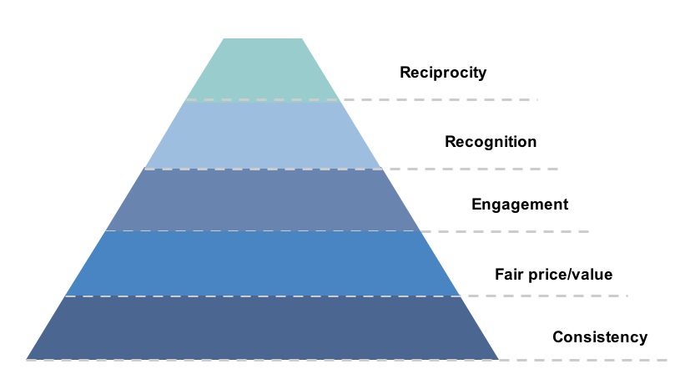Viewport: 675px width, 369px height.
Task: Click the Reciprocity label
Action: [443, 73]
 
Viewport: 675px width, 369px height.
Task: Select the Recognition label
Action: [490, 142]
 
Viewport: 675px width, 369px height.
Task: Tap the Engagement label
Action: [519, 205]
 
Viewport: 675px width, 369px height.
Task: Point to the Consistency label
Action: [599, 337]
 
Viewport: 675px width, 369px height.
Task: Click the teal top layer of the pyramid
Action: [262, 69]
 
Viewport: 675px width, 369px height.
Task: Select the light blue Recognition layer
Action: [262, 134]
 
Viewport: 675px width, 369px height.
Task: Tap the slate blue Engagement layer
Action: [262, 200]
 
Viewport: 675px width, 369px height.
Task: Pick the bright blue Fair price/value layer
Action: [262, 263]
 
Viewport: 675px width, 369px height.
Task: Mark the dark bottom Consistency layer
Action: [262, 328]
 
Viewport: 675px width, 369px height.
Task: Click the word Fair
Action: [509, 274]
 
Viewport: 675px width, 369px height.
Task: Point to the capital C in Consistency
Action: [558, 337]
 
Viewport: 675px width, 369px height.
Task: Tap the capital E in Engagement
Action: [476, 205]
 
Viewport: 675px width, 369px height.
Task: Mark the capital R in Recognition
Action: [450, 142]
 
